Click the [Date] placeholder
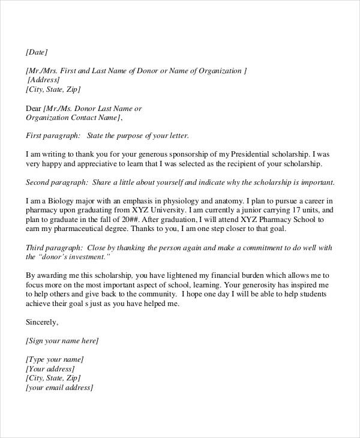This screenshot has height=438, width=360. click(x=36, y=52)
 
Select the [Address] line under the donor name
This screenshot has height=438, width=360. click(x=43, y=80)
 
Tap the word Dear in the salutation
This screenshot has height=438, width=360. click(x=34, y=109)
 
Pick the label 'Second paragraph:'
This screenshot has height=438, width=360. click(x=57, y=182)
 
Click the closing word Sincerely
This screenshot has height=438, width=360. click(x=42, y=322)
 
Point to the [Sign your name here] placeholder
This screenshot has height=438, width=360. click(x=62, y=341)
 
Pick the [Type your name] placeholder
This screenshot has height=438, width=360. click(x=54, y=360)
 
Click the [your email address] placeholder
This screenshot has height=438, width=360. click(x=59, y=388)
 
